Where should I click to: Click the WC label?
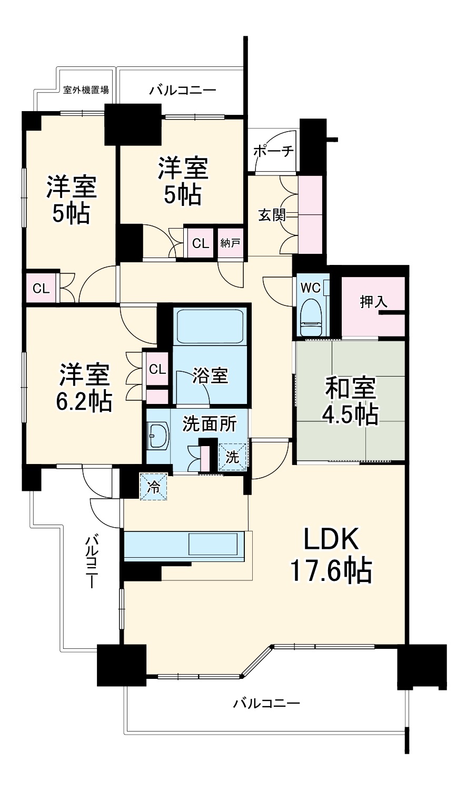[310, 288]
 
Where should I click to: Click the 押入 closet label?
[373, 302]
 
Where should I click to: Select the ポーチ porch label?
[273, 151]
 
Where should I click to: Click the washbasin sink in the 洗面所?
[157, 436]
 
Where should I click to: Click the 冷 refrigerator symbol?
[153, 486]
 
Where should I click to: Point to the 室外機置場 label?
[86, 89]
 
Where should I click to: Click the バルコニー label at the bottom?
[266, 703]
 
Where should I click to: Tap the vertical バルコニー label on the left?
[92, 561]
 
